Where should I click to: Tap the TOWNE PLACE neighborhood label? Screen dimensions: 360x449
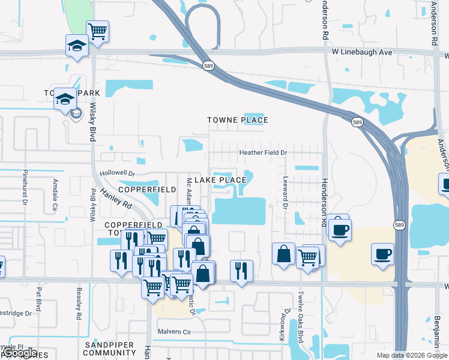tap(237, 120)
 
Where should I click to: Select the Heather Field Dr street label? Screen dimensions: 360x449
tap(263, 153)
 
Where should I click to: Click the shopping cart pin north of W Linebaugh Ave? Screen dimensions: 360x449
tap(97, 31)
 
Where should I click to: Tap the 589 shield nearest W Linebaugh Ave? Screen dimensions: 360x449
tap(208, 66)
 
